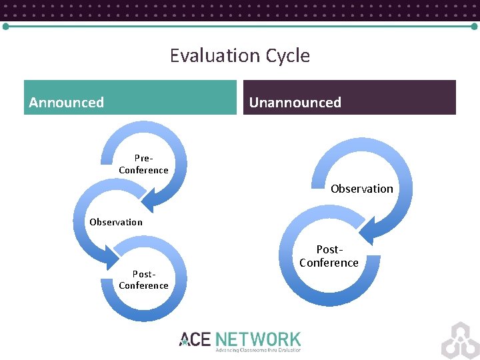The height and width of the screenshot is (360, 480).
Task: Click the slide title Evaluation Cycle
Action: pyautogui.click(x=240, y=55)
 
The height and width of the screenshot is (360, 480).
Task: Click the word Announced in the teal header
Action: pyautogui.click(x=67, y=103)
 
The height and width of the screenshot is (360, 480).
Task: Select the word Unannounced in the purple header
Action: pyautogui.click(x=295, y=103)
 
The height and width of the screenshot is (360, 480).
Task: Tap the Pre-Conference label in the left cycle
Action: pyautogui.click(x=143, y=164)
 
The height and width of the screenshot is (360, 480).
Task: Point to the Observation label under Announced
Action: pyautogui.click(x=116, y=222)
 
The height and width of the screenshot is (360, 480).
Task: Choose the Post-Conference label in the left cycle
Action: pyautogui.click(x=143, y=279)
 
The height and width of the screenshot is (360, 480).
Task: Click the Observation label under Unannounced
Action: pyautogui.click(x=362, y=189)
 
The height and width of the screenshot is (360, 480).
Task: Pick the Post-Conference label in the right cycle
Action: pyautogui.click(x=329, y=256)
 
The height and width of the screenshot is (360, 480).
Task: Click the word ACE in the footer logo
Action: pyautogui.click(x=195, y=339)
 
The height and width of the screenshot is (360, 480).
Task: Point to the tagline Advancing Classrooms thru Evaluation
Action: pyautogui.click(x=257, y=350)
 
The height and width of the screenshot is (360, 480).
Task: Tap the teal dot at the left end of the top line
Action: pyautogui.click(x=5, y=27)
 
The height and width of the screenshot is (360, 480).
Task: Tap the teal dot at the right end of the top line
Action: pyautogui.click(x=474, y=27)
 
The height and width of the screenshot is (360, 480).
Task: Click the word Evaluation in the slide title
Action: pyautogui.click(x=215, y=55)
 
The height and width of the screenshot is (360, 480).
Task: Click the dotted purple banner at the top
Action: pyautogui.click(x=240, y=9)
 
